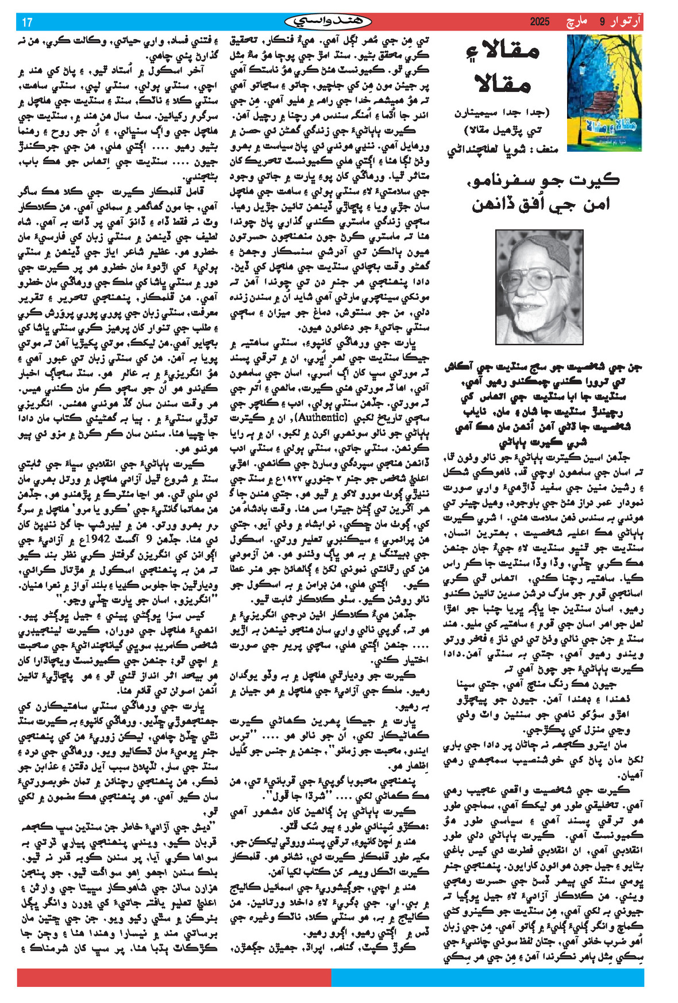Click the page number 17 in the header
pyautogui.click(x=27, y=22)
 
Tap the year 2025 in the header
pyautogui.click(x=540, y=22)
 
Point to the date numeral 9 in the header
pyautogui.click(x=603, y=22)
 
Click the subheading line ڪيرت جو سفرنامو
pyautogui.click(x=543, y=179)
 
